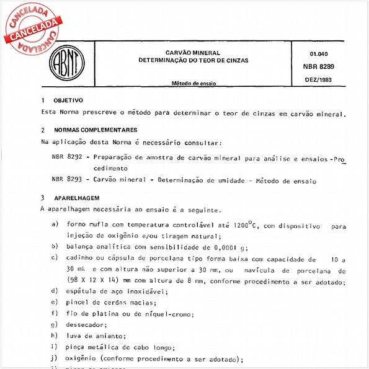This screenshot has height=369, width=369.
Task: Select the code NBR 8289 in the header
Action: [x=319, y=66]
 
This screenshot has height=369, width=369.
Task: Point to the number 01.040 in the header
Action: [x=319, y=54]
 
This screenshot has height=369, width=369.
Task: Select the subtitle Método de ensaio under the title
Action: [x=190, y=82]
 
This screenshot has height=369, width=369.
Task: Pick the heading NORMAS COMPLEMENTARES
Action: [x=96, y=130]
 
